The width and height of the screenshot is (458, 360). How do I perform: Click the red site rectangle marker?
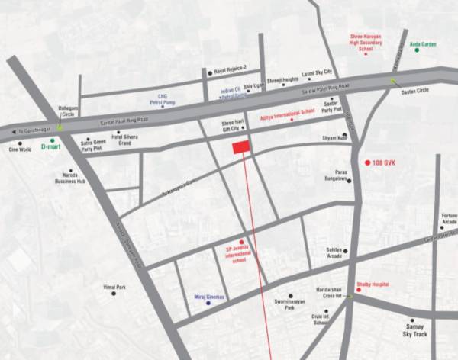241,146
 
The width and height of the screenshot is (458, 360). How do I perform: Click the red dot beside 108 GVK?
367,162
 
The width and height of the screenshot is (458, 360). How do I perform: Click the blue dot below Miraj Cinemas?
209,303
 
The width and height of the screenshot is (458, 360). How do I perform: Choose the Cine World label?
20,150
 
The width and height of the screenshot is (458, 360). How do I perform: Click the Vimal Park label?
114,287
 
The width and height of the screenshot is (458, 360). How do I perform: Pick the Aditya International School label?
288,111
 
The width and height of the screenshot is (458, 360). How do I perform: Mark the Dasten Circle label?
415,91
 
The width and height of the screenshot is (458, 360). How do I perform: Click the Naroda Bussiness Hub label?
69,179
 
